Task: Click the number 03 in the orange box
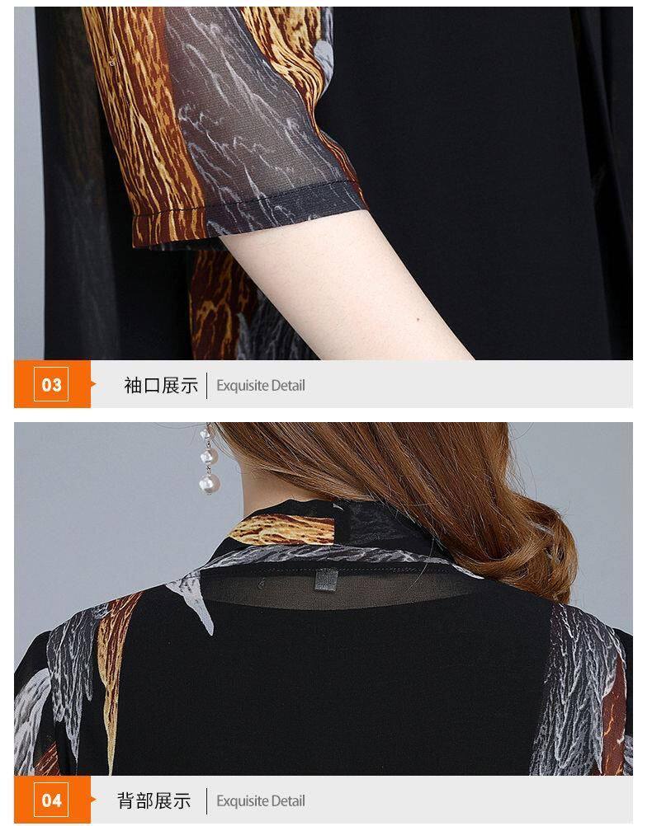pyautogui.click(x=51, y=384)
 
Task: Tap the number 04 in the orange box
pyautogui.click(x=51, y=800)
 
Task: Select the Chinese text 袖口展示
pyautogui.click(x=161, y=385)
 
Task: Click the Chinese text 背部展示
pyautogui.click(x=154, y=800)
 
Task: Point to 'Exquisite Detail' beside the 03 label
pyautogui.click(x=261, y=386)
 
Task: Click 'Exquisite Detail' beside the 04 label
pyautogui.click(x=261, y=801)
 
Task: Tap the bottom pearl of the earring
pyautogui.click(x=210, y=484)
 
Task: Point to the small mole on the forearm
pyautogui.click(x=418, y=319)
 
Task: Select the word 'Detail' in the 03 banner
pyautogui.click(x=288, y=385)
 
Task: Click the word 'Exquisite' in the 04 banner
pyautogui.click(x=243, y=801)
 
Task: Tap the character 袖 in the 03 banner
pyautogui.click(x=133, y=385)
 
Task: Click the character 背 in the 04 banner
pyautogui.click(x=126, y=800)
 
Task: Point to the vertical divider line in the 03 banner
pyautogui.click(x=207, y=385)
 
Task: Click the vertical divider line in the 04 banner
pyautogui.click(x=207, y=800)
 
